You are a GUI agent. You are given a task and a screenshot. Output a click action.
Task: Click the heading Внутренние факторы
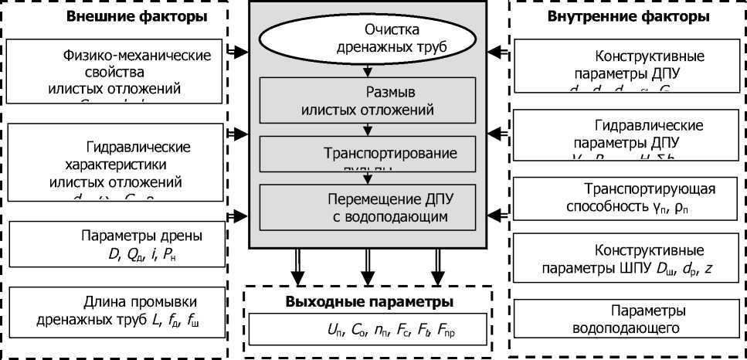click(628, 16)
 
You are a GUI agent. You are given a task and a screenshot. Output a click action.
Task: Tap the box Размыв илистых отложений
click(367, 100)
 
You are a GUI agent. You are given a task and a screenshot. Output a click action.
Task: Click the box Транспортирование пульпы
click(367, 154)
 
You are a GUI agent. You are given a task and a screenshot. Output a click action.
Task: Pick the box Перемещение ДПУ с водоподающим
click(367, 208)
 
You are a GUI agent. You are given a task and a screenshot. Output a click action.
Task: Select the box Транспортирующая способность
click(627, 198)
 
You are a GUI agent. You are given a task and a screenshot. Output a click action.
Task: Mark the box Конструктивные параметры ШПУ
click(627, 260)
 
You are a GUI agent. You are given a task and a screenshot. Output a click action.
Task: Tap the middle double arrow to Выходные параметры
click(366, 267)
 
